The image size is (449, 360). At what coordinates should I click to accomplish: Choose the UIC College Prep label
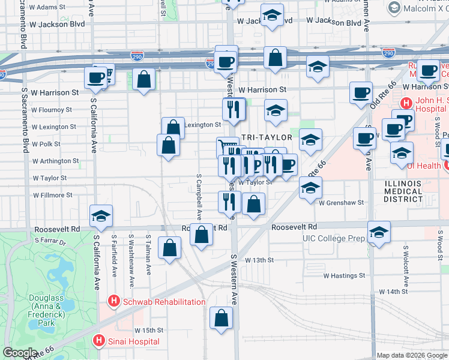333,238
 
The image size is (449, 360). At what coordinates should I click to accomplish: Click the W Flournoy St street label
52,110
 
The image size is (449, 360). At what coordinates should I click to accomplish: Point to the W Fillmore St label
52,195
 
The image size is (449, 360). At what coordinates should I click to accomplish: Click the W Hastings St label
345,276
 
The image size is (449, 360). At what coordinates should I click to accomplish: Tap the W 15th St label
149,330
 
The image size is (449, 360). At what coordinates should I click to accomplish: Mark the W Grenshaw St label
342,203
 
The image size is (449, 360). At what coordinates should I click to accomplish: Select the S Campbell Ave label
199,197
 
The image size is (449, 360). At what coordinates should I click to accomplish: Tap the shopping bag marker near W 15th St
221,319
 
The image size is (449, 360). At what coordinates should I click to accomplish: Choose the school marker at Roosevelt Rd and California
101,216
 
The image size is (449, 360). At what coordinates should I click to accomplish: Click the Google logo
20,353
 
